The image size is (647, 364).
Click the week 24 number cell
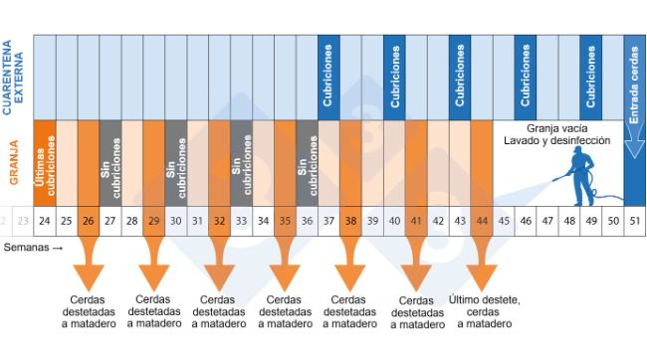[x=44, y=220]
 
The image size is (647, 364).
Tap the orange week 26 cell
[x=88, y=220]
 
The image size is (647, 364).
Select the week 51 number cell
[x=635, y=220]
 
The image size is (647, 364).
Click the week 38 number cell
[x=350, y=220]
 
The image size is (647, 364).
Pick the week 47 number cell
[x=547, y=220]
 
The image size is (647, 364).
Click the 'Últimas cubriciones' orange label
[x=44, y=163]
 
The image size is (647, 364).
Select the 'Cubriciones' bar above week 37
[x=328, y=75]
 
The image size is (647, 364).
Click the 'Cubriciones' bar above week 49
[x=591, y=75]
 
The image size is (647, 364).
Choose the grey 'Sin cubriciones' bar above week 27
[x=109, y=163]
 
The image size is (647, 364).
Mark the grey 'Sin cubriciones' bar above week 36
[x=307, y=163]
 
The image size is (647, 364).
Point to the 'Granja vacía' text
[x=555, y=129]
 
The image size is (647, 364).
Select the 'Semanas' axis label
[x=32, y=245]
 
